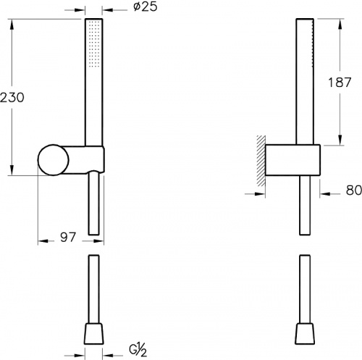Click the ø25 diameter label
(145, 7)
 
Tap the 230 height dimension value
(12, 98)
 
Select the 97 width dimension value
(68, 238)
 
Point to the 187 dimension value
(340, 83)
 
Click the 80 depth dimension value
(354, 190)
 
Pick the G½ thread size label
(138, 351)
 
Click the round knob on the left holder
(54, 160)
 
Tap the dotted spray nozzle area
(94, 43)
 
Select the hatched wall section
(261, 161)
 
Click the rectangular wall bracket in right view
(292, 160)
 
